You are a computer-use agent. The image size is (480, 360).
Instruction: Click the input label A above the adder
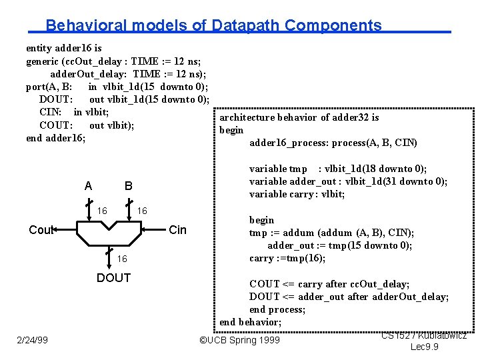[x=89, y=185]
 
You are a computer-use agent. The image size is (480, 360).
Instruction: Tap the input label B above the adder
[x=128, y=185]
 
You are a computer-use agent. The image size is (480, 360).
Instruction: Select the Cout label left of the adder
[x=41, y=230]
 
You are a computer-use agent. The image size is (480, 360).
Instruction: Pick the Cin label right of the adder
[x=178, y=230]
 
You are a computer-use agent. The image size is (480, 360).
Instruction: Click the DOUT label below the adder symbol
[x=113, y=278]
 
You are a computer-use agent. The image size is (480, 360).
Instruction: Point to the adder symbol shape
[x=111, y=236]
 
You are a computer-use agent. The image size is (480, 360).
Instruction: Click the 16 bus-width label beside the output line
[x=123, y=259]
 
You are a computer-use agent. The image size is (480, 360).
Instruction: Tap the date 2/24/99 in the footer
[x=32, y=341]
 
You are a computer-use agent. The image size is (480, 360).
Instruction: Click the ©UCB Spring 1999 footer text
[x=240, y=341]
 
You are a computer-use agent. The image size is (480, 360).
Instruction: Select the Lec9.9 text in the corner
[x=424, y=347]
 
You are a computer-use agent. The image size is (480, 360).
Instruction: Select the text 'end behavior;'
[x=251, y=322]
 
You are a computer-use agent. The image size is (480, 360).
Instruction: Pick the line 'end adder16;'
[x=55, y=138]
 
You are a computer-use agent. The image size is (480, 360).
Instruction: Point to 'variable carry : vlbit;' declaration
[x=297, y=194]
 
